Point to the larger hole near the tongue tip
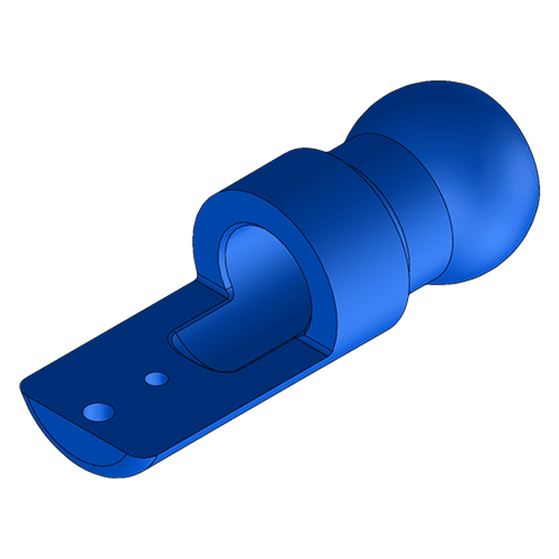coord(98,413)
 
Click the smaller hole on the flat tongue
coord(157,379)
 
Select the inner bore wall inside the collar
coord(279,279)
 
